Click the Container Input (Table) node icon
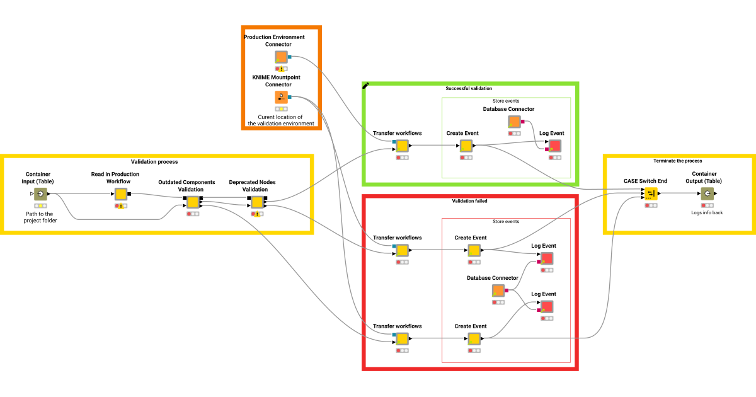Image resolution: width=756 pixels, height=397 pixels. tap(40, 194)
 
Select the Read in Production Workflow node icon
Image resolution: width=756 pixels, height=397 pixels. tap(121, 194)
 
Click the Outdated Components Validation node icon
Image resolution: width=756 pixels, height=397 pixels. tap(193, 202)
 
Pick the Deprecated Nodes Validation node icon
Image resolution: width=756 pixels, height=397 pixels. tap(257, 202)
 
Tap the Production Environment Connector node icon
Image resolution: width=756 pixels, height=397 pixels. tap(281, 57)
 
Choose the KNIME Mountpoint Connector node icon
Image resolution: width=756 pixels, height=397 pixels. tap(281, 97)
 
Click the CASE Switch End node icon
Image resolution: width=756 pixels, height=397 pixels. tap(651, 193)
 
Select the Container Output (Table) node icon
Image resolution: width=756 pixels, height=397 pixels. tap(707, 193)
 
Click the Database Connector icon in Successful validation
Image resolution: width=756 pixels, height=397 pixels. tap(515, 122)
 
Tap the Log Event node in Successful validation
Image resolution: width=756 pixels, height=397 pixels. tap(554, 146)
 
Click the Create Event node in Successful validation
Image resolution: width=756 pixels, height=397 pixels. tap(466, 146)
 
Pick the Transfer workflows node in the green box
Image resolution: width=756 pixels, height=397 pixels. tap(402, 146)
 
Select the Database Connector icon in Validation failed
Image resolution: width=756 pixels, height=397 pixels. tap(498, 291)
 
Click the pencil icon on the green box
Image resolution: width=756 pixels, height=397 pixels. tap(366, 86)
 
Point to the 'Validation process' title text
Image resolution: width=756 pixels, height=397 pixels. tap(154, 162)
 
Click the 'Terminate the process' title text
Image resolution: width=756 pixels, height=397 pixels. tap(678, 161)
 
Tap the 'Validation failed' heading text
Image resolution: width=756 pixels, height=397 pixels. tap(469, 201)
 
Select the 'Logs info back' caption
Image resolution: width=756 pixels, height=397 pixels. tap(707, 212)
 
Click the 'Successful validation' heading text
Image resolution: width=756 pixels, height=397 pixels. tap(469, 88)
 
